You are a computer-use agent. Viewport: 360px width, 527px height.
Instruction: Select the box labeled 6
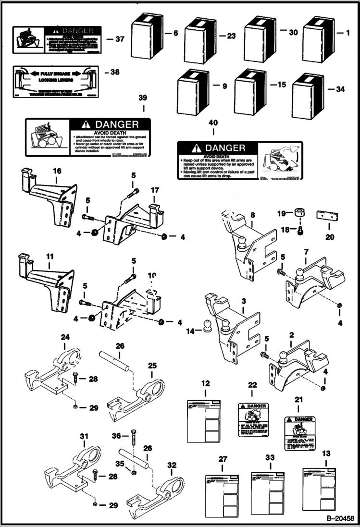tap(148, 35)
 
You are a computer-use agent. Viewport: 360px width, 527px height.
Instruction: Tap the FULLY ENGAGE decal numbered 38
tap(56, 82)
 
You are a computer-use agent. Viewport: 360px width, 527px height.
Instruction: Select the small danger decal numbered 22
tap(253, 420)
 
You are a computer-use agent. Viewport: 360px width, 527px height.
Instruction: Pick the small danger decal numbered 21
tap(299, 433)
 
